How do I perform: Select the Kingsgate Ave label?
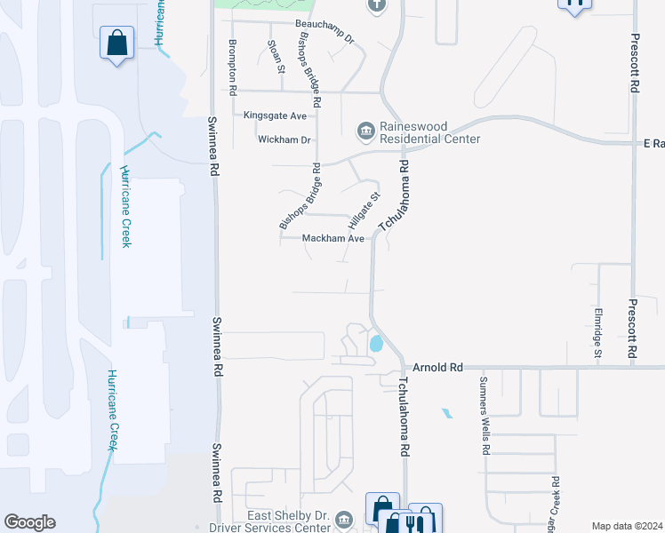coord(275,116)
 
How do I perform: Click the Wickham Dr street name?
coord(284,140)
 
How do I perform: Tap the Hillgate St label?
coord(365,210)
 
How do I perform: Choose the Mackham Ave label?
coord(333,239)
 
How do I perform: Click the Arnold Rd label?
coord(438,367)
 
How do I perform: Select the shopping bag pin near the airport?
coord(116,44)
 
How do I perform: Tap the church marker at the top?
coord(376,5)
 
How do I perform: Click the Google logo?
coord(29,522)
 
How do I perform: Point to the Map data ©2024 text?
coord(627,526)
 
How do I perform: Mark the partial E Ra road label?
coord(654,143)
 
